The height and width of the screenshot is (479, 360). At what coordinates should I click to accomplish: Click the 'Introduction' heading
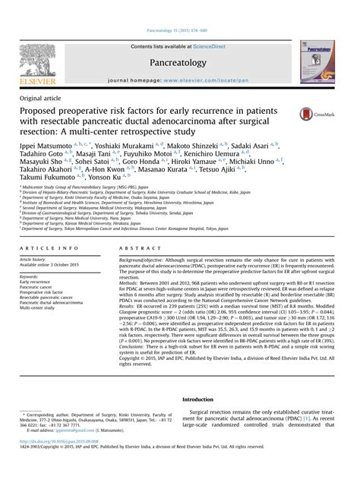[x=205, y=399]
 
